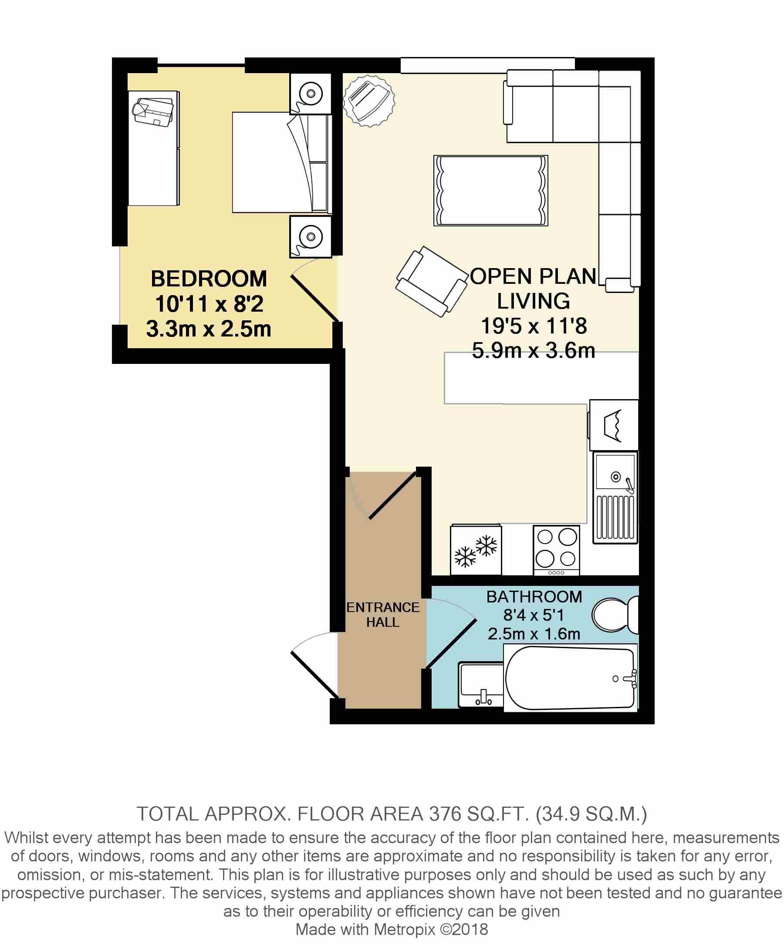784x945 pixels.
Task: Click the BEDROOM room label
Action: pyautogui.click(x=209, y=279)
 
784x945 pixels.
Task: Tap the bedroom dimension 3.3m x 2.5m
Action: pyautogui.click(x=209, y=330)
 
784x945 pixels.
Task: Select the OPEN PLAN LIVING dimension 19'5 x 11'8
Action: pyautogui.click(x=534, y=326)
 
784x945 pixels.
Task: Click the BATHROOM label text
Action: pyautogui.click(x=534, y=597)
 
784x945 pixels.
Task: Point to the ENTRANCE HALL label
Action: pyautogui.click(x=383, y=615)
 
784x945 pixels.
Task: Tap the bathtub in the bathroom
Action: pyautogui.click(x=570, y=678)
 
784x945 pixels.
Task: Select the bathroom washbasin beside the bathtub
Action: pyautogui.click(x=480, y=684)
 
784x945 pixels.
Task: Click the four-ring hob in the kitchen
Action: pyautogui.click(x=557, y=550)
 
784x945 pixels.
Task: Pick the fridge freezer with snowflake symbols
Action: pyautogui.click(x=476, y=550)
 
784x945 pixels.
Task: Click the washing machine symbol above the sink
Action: pyautogui.click(x=613, y=425)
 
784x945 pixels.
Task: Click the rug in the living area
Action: pyautogui.click(x=490, y=190)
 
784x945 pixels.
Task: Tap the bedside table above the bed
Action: pyautogui.click(x=310, y=94)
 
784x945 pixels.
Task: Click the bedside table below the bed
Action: pyautogui.click(x=310, y=237)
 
